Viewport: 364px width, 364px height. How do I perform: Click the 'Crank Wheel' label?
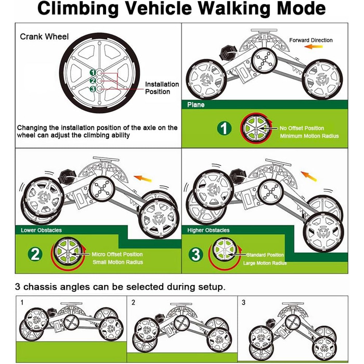coord(42,37)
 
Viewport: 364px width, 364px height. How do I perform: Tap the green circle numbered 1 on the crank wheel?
coord(93,72)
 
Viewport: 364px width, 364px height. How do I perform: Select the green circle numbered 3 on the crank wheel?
coord(93,89)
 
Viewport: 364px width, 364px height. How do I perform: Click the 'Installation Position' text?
coord(161,88)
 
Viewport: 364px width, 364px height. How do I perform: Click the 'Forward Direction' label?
coord(311,40)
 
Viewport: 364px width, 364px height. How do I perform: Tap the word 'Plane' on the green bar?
coord(196,105)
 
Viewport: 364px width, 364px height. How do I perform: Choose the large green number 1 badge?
coord(224,128)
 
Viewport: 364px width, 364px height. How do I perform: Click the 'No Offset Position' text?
coord(302,128)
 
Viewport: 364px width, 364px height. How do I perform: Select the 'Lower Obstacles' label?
coord(41,230)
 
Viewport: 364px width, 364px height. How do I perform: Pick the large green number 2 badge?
coord(35,254)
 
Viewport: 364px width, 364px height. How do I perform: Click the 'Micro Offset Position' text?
coord(117,254)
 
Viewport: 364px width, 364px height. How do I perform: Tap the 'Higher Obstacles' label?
coord(208,230)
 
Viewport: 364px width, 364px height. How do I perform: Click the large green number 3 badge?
coord(195,254)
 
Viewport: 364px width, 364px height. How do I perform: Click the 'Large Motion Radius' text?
coord(264,263)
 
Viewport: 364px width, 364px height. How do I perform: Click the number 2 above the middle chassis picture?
coord(134,302)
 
